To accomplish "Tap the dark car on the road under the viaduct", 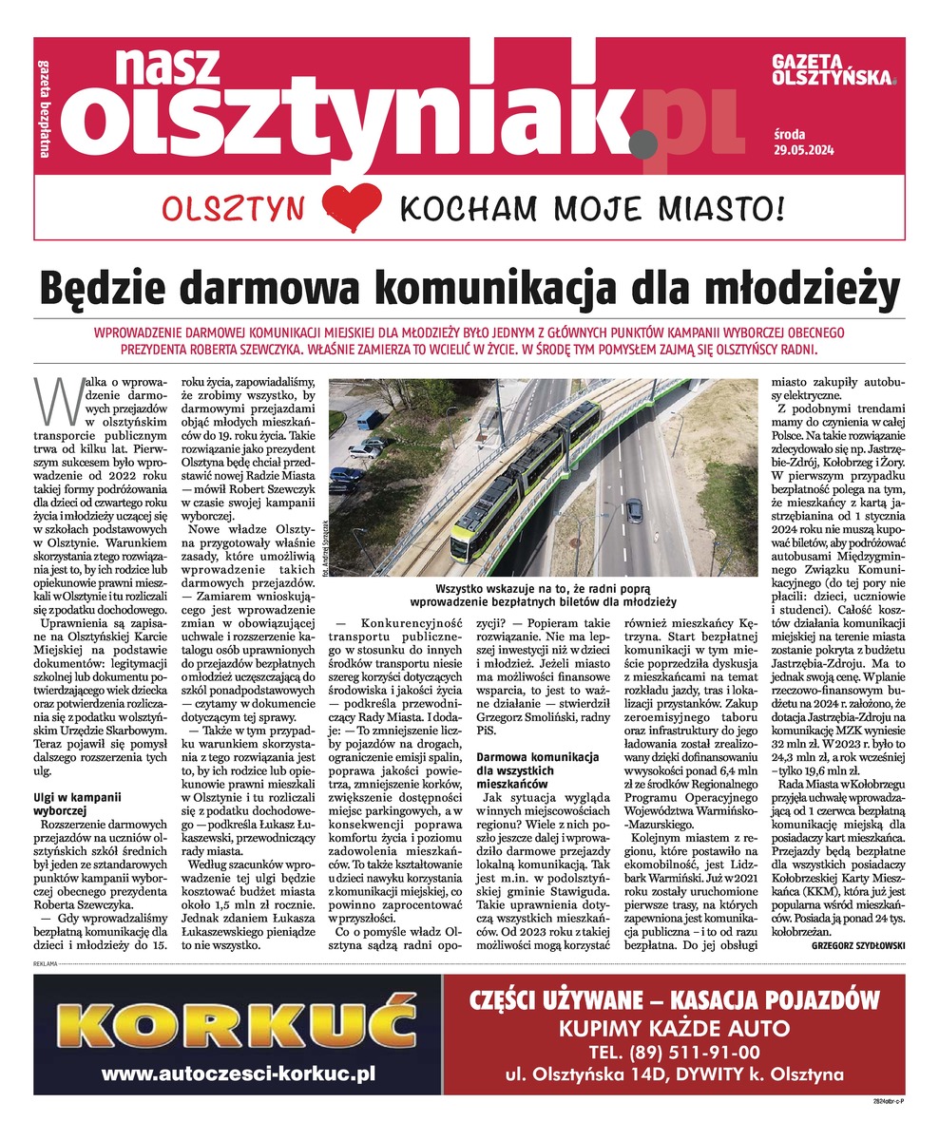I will point(634,511).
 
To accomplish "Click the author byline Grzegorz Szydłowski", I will point(857,947).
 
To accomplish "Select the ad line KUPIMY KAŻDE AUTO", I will point(674,1027).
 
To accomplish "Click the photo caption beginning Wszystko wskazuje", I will point(543,595).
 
